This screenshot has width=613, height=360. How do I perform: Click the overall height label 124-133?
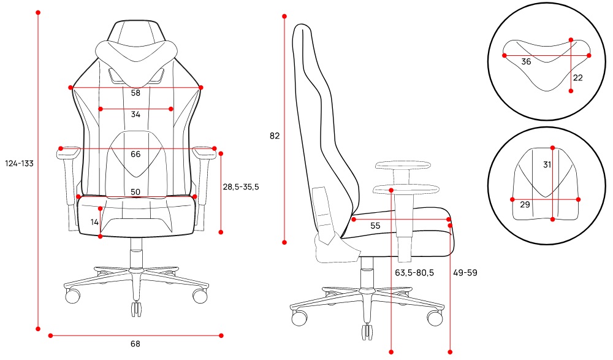coord(19,164)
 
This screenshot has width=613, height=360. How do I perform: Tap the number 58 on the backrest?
coord(135,93)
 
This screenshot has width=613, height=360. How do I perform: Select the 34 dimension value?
coord(135,114)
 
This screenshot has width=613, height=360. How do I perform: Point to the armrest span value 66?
coord(135,154)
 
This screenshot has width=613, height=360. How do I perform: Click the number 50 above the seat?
coord(135,192)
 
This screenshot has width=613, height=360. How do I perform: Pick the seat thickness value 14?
coord(94,222)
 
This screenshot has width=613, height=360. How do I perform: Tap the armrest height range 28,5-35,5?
coord(241,187)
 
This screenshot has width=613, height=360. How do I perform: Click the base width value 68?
coord(135,344)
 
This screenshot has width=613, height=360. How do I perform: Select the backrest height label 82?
coord(275,136)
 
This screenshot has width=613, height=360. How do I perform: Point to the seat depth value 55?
coord(375,226)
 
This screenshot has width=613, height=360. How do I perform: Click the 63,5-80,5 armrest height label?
coord(414,273)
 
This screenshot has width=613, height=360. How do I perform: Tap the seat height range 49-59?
coord(465,273)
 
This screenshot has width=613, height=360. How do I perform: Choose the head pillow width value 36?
coord(526,62)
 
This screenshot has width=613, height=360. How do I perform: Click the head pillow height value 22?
coord(578,78)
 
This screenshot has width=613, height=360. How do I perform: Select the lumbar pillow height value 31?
coord(547,165)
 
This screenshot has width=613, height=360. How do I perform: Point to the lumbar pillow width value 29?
coord(525,204)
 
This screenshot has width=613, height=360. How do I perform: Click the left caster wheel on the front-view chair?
coord(73,296)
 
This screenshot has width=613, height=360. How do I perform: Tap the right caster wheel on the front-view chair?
coord(200,296)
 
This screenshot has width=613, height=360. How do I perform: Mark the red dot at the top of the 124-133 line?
coord(38,12)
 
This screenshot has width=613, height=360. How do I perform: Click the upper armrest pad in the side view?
coord(402,166)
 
